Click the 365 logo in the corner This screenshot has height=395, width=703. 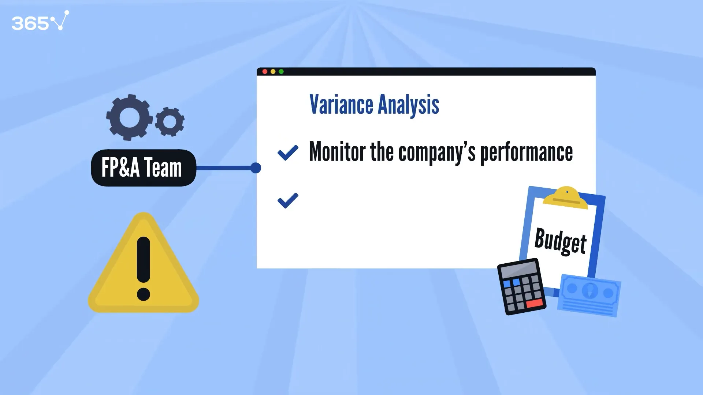click(x=40, y=21)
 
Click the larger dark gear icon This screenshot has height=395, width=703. click(x=129, y=117)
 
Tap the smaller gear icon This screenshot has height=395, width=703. click(x=170, y=121)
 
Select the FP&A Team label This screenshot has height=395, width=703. click(x=143, y=168)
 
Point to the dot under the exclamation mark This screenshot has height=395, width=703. click(x=144, y=294)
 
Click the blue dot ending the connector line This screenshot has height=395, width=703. click(x=256, y=168)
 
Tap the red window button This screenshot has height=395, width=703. click(x=265, y=72)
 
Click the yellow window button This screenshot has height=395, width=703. click(x=273, y=72)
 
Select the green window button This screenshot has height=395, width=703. click(x=281, y=72)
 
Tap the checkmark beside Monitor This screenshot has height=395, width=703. click(x=288, y=153)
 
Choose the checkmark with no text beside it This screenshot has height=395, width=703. click(x=288, y=200)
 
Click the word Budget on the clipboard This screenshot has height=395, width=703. click(x=561, y=241)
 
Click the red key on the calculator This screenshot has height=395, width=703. click(x=535, y=304)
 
